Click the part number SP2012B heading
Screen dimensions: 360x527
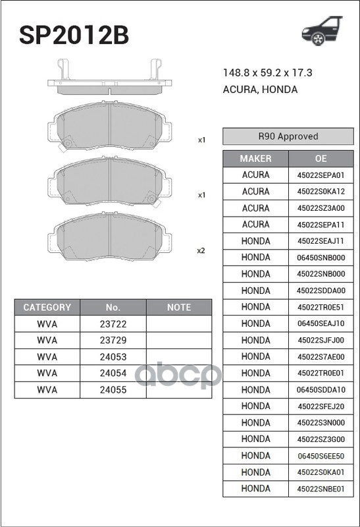(x=73, y=34)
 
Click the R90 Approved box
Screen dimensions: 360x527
(x=288, y=136)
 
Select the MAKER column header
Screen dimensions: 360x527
(x=255, y=159)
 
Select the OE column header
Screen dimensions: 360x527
(x=321, y=159)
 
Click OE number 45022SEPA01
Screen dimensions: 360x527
(x=321, y=175)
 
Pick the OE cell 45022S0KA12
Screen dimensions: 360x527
(x=321, y=192)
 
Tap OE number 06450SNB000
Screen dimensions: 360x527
(x=321, y=258)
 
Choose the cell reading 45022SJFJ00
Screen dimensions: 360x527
(x=321, y=340)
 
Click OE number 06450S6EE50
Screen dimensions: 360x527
(x=321, y=456)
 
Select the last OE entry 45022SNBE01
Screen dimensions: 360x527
(x=321, y=489)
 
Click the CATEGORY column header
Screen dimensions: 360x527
(x=47, y=307)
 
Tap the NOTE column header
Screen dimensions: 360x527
(x=178, y=307)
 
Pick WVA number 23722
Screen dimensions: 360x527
(x=113, y=324)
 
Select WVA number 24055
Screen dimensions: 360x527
(x=113, y=390)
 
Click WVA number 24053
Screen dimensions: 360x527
(x=113, y=357)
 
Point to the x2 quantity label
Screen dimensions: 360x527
(x=201, y=250)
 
